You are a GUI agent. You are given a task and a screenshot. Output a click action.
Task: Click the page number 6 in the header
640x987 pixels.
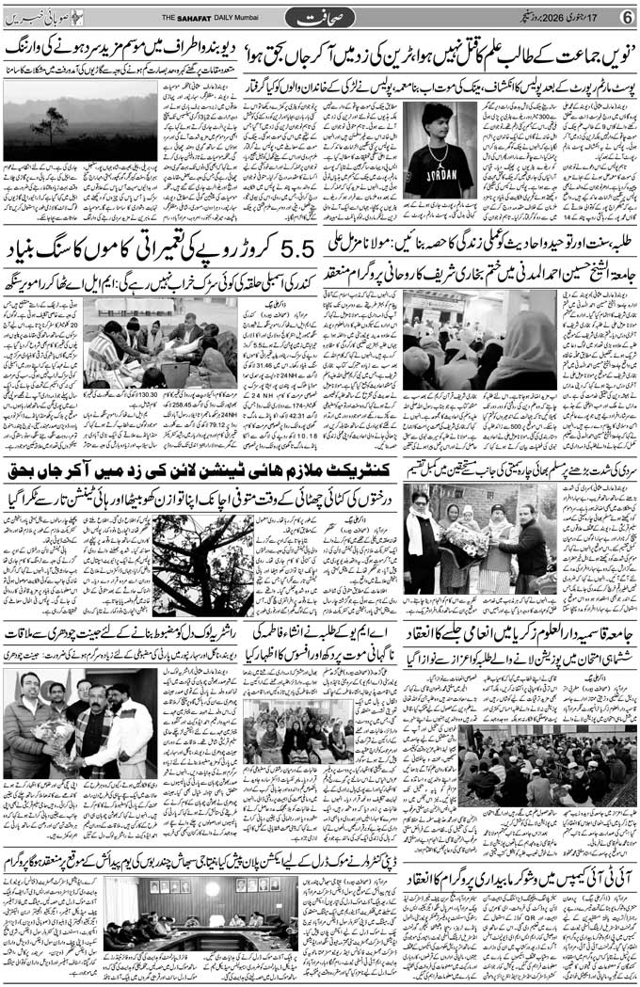point(627,17)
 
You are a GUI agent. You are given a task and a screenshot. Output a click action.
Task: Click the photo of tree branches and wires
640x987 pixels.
point(202,565)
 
